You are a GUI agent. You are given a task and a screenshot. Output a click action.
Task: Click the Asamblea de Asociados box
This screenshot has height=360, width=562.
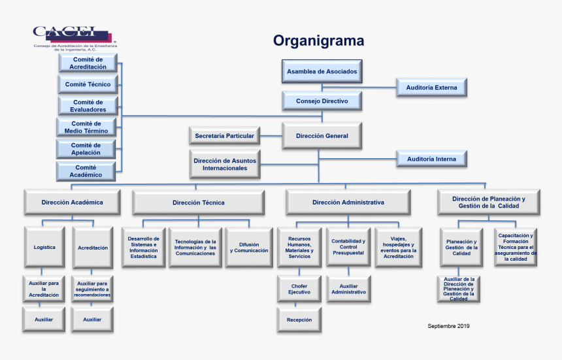click(322, 71)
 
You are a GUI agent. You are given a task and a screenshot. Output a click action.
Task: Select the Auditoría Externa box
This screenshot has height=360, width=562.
click(431, 87)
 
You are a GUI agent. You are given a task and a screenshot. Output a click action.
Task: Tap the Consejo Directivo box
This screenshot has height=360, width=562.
click(322, 101)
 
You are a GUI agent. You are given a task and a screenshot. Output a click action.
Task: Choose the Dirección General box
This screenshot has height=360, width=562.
click(322, 136)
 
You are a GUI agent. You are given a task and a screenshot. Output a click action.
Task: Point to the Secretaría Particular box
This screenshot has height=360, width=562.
click(224, 136)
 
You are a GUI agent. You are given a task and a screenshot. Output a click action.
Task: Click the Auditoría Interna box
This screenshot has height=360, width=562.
click(431, 159)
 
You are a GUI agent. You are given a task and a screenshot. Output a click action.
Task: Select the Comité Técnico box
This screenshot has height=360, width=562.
click(88, 84)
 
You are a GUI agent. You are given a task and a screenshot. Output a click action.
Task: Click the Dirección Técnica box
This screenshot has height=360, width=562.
click(199, 203)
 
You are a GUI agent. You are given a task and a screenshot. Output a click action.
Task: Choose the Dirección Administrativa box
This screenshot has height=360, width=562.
click(348, 203)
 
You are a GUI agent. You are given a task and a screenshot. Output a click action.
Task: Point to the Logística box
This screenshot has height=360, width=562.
click(44, 248)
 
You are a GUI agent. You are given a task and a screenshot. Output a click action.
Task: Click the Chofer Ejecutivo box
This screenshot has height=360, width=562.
click(299, 289)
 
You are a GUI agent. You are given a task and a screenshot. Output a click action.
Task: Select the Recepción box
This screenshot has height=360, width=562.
click(299, 320)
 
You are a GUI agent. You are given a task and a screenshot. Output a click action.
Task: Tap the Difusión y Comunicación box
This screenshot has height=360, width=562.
click(249, 248)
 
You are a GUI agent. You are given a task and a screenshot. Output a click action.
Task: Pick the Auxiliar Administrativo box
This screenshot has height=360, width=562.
click(349, 289)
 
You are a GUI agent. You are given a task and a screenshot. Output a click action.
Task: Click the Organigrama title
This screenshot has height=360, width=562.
click(318, 41)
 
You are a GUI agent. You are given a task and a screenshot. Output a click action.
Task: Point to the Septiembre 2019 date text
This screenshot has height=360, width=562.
click(448, 326)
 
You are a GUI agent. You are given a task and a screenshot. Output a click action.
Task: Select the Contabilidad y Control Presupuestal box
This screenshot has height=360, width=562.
click(349, 248)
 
